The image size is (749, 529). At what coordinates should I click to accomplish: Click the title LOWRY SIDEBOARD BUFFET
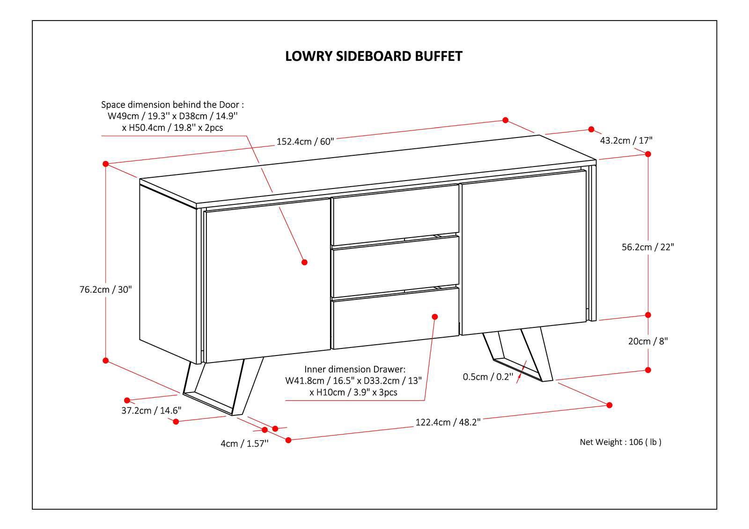374,56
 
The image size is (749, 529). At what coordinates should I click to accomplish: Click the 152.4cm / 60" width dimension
305,141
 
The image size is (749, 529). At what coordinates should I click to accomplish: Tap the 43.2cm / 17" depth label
626,140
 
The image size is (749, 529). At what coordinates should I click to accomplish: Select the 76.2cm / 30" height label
106,290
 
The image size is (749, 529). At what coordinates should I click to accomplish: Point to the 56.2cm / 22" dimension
647,247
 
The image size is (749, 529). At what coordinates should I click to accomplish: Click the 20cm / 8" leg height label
647,341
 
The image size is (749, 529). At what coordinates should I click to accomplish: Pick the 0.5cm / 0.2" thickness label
488,377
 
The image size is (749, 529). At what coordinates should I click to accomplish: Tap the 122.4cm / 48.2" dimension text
448,422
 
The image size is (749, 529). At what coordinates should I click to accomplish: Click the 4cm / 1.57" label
244,443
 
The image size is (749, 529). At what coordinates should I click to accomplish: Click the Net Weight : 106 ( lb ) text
620,442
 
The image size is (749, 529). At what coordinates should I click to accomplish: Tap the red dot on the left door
304,262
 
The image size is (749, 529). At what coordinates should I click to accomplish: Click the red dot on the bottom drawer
434,317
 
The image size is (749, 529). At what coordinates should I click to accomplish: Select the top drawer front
395,214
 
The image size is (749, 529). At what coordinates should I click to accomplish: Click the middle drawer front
395,266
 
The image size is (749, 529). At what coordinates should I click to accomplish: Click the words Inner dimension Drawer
355,370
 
